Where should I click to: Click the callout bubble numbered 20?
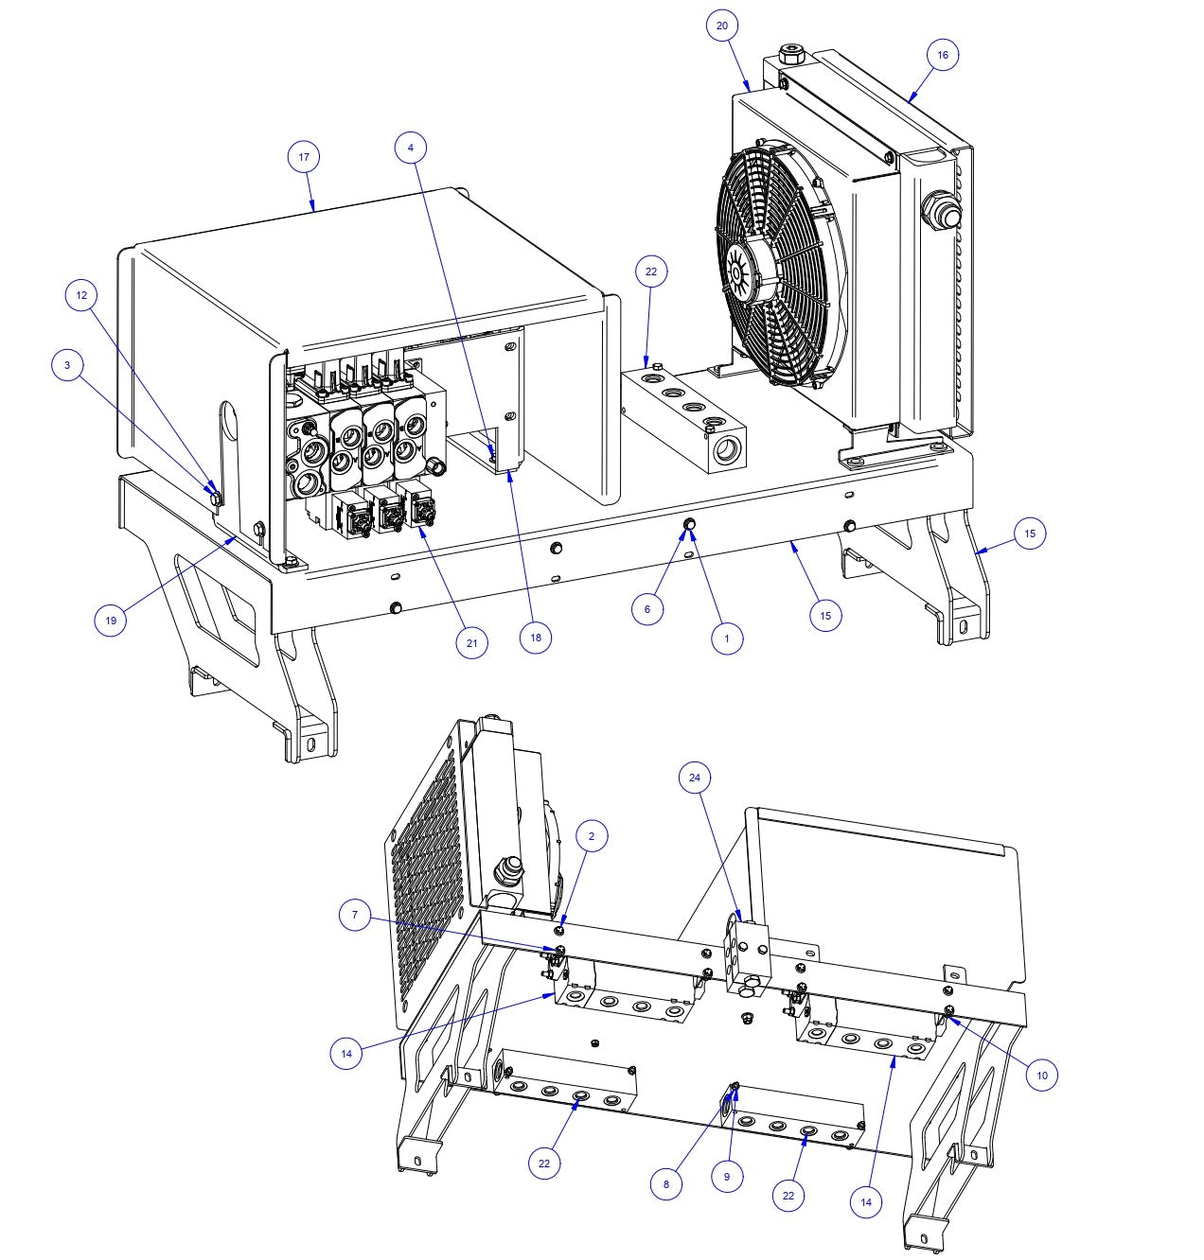(722, 26)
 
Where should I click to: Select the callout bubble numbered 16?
(942, 55)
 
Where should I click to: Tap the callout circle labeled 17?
(304, 157)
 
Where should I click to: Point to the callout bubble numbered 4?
(410, 148)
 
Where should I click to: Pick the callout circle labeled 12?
(81, 295)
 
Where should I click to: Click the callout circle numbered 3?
(67, 365)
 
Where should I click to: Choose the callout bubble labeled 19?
(111, 621)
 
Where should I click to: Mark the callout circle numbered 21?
(471, 643)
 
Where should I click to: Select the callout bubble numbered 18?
(536, 638)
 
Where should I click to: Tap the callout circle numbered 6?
(647, 609)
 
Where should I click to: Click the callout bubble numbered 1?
(727, 639)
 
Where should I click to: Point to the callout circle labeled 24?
(695, 778)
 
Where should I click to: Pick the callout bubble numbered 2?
(592, 836)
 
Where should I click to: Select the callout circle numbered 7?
(355, 916)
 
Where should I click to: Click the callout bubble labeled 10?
(1041, 1075)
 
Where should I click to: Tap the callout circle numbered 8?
(666, 1183)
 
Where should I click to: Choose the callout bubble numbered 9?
(727, 1177)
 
